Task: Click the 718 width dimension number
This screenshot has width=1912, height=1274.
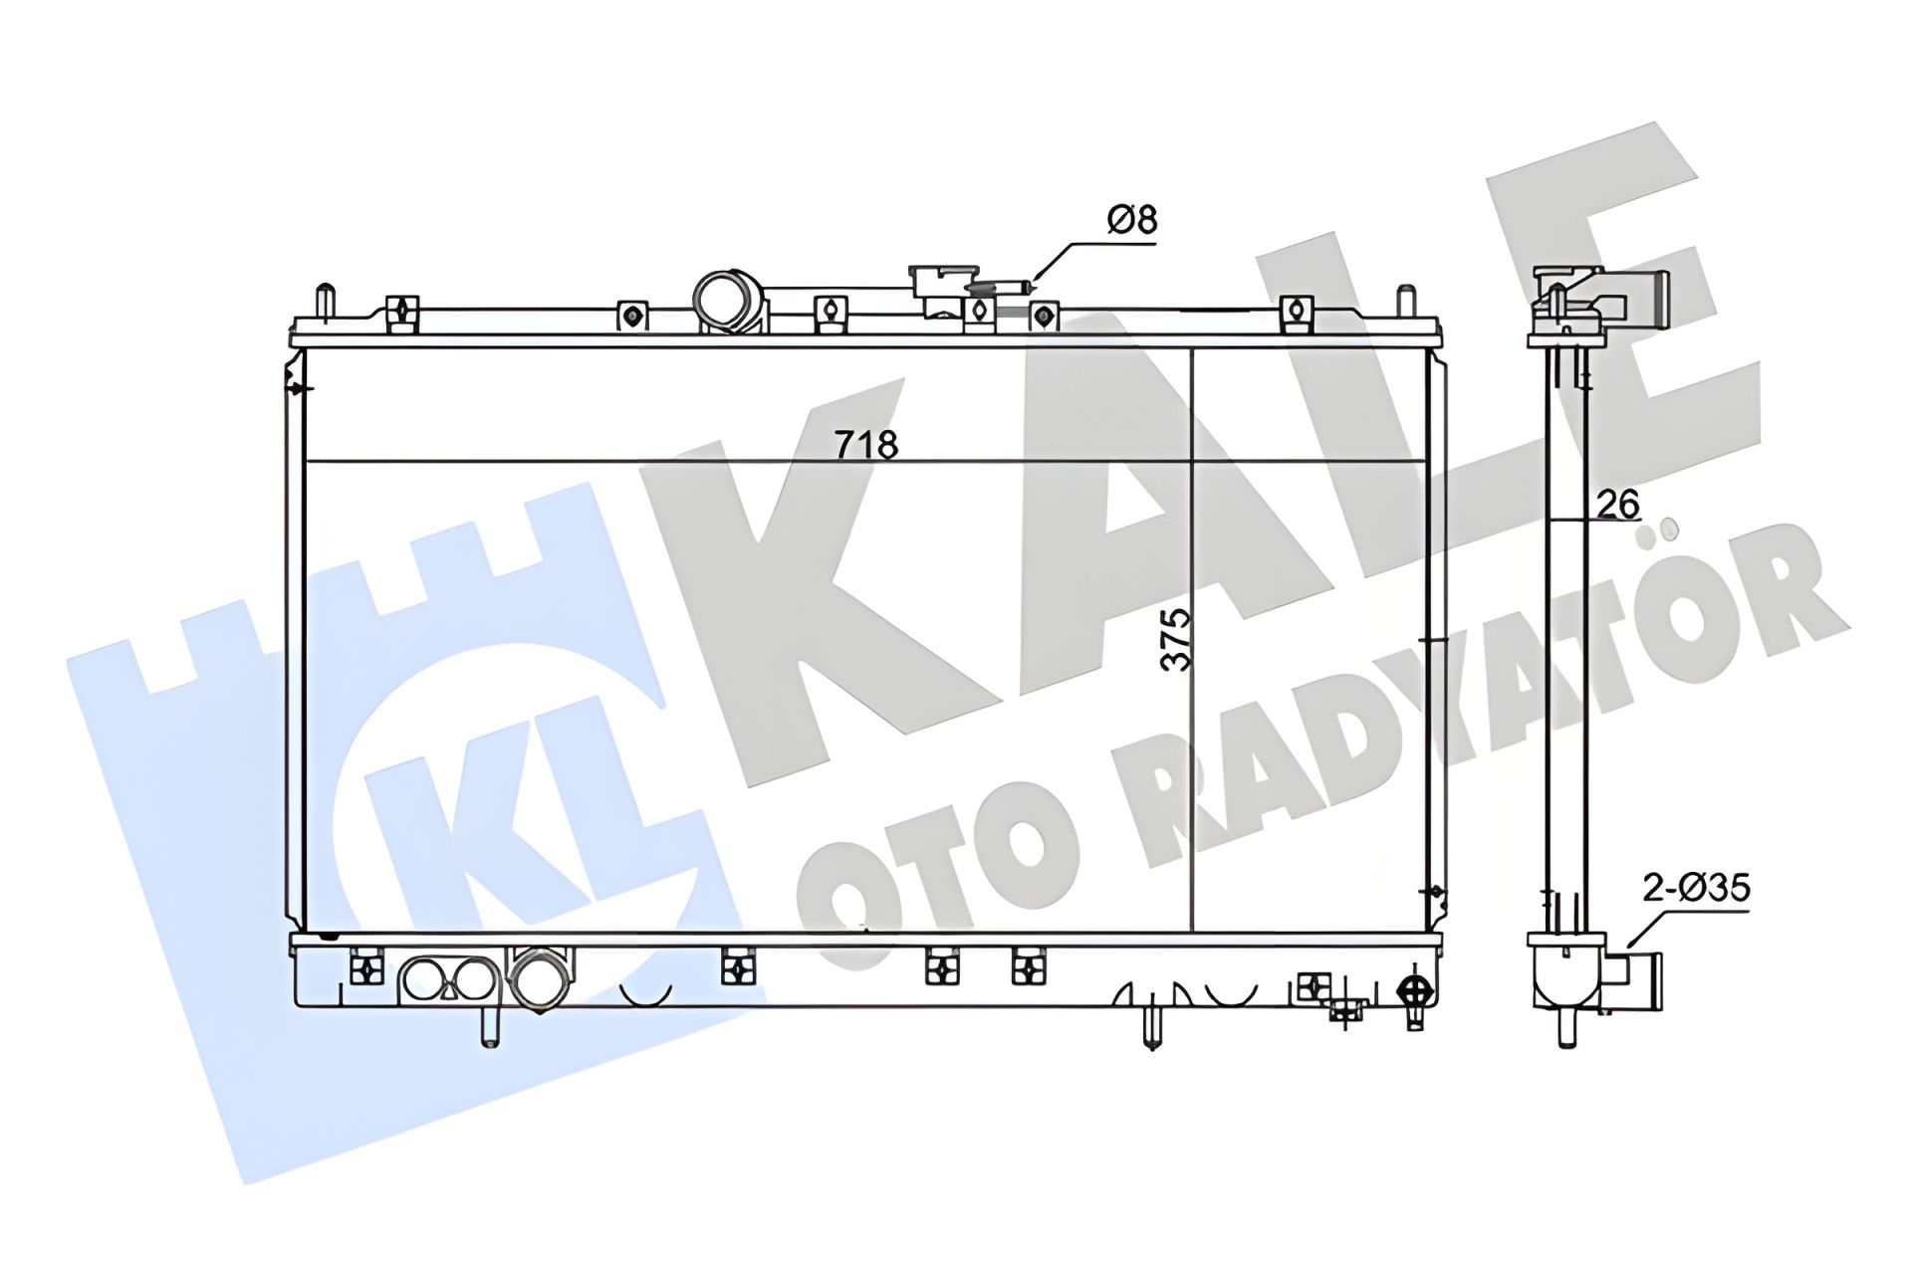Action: [865, 444]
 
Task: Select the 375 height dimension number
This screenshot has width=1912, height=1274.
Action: [1177, 639]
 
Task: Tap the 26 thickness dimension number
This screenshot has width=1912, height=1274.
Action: [1617, 505]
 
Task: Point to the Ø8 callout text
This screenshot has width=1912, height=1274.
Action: [1132, 220]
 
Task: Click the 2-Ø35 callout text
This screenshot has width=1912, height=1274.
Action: [1696, 888]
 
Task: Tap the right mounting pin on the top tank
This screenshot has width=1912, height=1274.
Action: [1405, 302]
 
